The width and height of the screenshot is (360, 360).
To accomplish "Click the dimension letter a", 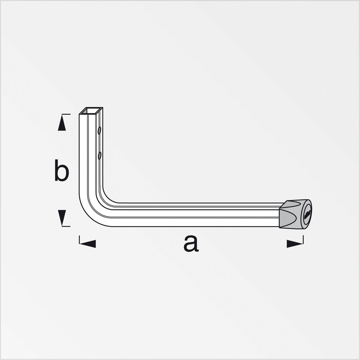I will click(x=191, y=243).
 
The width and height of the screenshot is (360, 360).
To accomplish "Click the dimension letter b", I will click(x=61, y=170).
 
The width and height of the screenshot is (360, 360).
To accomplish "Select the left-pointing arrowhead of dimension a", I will click(x=88, y=243).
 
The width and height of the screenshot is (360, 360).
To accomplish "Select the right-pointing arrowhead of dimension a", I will click(x=295, y=243).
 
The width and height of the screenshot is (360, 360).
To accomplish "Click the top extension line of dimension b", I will click(x=66, y=114).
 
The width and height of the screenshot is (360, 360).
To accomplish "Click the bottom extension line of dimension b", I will click(x=66, y=226).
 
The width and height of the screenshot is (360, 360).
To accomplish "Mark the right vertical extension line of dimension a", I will click(x=303, y=239).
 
